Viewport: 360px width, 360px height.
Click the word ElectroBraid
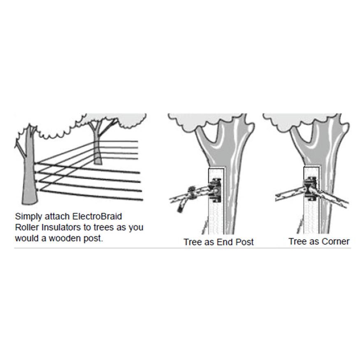point(97,216)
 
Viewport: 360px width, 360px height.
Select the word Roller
point(27,227)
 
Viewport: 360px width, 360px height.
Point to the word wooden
point(65,238)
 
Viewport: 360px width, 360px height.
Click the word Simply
point(28,216)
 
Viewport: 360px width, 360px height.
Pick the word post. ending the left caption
point(93,239)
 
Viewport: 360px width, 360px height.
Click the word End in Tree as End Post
point(225,242)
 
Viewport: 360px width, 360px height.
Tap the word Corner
point(335,242)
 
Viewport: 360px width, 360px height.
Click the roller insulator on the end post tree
point(215,190)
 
